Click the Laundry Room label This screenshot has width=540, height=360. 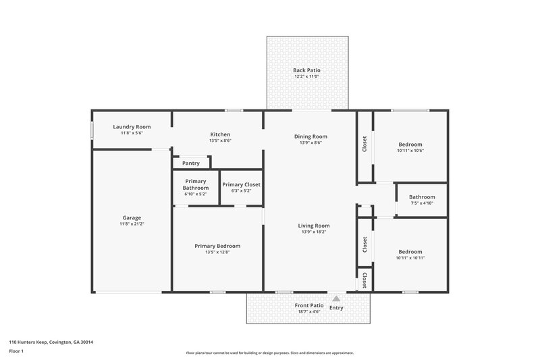pos(132,127)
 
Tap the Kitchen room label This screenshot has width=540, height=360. pos(220,134)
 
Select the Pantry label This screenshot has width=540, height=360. pos(190,163)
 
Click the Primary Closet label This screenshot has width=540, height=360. pos(241,184)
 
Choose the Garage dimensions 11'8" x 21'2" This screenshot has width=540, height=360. pos(132,224)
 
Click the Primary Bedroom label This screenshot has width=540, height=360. pos(217,246)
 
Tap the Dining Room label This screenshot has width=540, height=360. pos(310,136)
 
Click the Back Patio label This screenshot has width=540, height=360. pos(306,70)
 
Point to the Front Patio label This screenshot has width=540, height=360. pos(309,305)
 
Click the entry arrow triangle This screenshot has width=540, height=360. pos(336,297)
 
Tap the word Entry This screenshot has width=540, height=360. pos(336,308)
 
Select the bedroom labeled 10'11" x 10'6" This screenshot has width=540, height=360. pos(410,145)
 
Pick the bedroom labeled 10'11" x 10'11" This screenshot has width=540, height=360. pos(410,252)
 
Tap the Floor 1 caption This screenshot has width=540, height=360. pos(16,351)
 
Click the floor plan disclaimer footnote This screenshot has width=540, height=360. pos(269,353)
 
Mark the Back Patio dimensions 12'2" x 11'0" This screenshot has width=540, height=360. pos(306,76)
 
